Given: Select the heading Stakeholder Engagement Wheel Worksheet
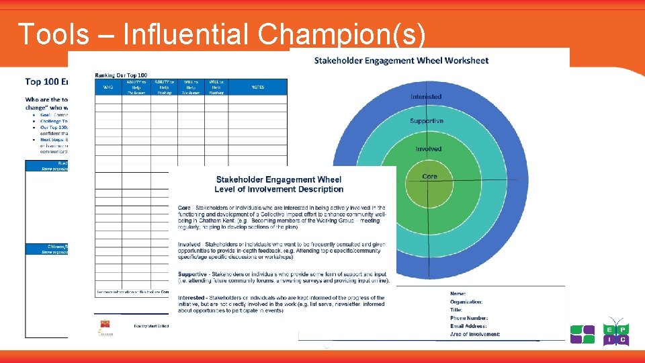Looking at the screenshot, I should (401, 61).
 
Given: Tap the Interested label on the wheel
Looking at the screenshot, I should (426, 97).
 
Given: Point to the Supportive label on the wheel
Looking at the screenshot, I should (427, 121).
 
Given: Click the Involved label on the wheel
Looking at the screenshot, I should (428, 149).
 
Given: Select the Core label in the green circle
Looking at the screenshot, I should (429, 176).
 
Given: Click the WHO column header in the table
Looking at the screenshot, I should (108, 87).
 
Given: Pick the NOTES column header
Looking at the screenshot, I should (258, 87).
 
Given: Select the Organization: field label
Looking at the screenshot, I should (466, 302).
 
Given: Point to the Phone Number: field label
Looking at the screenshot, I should (469, 318).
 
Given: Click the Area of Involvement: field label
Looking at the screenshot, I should (475, 334).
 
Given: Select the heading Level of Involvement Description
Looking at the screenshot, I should (279, 189).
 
